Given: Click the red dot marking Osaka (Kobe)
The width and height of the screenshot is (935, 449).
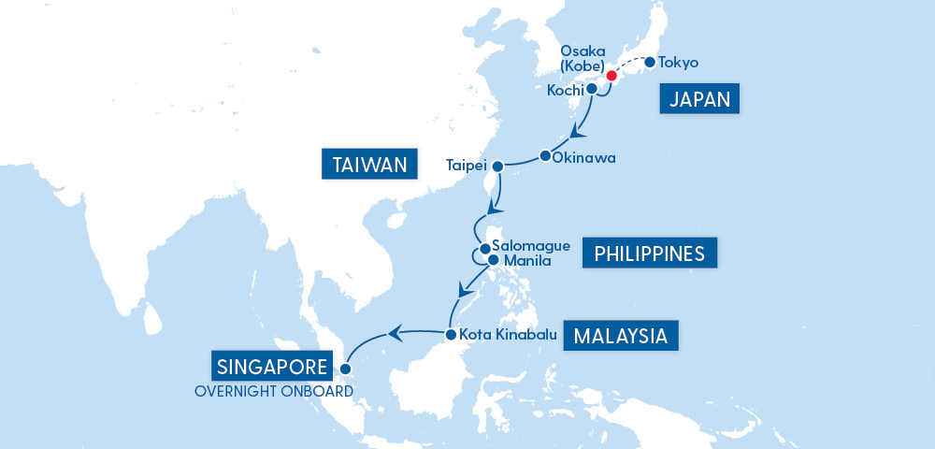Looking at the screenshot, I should (x=611, y=76).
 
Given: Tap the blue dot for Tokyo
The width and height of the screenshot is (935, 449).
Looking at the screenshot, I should (x=650, y=63).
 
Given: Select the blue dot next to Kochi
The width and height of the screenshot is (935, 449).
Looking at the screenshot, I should (x=592, y=90).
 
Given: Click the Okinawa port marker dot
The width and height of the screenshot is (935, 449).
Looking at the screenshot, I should (x=545, y=155).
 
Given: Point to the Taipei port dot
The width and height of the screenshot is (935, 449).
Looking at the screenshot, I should (x=498, y=166).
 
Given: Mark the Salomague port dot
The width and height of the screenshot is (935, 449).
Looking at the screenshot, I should (x=484, y=248).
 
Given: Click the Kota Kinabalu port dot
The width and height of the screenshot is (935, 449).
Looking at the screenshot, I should (x=451, y=334).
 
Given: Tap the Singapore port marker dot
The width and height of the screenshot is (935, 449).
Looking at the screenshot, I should (x=345, y=369).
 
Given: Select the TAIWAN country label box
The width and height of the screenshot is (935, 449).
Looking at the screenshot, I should (x=367, y=166).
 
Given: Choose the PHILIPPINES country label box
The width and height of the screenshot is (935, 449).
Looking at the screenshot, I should (x=649, y=253).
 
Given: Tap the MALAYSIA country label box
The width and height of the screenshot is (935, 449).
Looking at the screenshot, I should (x=621, y=336).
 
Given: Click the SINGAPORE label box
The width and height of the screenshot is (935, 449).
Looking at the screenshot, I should (x=271, y=366).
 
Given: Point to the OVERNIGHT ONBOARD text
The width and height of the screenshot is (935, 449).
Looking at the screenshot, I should (x=273, y=390).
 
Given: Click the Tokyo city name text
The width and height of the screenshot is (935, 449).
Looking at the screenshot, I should (x=678, y=63).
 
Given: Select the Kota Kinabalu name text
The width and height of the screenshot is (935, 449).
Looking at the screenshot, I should (x=509, y=334).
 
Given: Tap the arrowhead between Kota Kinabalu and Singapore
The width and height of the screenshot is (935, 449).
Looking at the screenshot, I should (x=396, y=331).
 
